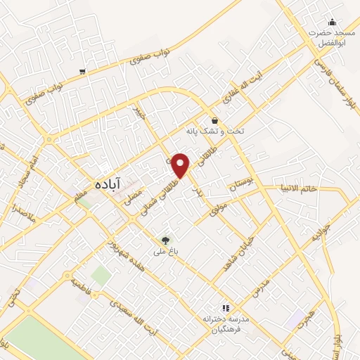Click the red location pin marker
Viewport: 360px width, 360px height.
181,165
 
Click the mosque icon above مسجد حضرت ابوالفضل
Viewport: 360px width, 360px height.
332,22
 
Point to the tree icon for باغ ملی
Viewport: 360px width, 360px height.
166,240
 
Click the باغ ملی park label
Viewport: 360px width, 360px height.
166,251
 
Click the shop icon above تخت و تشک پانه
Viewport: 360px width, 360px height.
214,120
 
